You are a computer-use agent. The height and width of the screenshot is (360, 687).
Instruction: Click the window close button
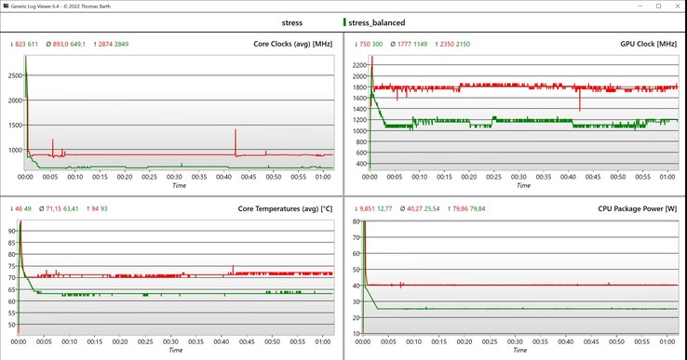tap(674, 6)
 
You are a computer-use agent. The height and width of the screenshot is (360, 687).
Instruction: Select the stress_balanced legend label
tap(377, 21)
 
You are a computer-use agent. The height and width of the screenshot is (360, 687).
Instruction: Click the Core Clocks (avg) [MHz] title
tap(293, 44)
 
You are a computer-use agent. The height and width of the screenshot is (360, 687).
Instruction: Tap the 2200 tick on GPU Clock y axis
tap(358, 64)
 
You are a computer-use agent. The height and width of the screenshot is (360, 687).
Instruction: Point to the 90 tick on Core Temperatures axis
tap(13, 230)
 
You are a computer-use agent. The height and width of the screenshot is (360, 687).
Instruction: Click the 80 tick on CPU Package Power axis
tap(358, 223)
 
